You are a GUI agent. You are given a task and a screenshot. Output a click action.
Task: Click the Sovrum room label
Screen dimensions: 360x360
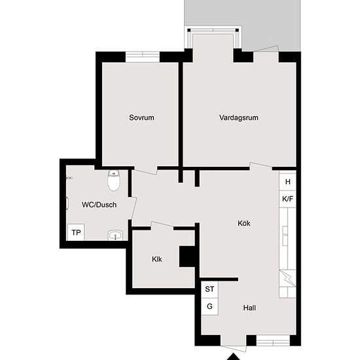click(141, 118)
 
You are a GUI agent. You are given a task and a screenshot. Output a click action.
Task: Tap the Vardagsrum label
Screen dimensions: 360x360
click(238, 118)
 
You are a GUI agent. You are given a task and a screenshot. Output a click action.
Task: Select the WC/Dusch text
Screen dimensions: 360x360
click(99, 204)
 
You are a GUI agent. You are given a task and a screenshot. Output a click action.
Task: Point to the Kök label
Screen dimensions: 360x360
click(243, 223)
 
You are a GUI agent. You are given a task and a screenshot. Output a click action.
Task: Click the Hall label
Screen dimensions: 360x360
click(249, 308)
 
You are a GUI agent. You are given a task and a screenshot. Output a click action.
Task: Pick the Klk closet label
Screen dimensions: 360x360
click(157, 259)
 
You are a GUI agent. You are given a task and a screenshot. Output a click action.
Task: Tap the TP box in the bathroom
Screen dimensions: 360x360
click(76, 232)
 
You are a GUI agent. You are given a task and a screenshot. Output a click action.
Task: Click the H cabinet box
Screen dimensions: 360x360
click(287, 181)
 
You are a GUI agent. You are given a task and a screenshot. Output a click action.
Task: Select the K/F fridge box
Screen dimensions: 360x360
click(287, 198)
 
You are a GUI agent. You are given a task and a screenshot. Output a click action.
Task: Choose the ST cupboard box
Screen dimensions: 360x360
click(210, 289)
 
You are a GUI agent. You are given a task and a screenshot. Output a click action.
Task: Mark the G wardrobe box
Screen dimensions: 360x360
click(210, 306)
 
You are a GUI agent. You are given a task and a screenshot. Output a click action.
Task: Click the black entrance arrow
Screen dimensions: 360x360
click(234, 356)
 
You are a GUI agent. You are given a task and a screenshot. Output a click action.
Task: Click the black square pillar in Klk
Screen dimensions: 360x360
click(188, 256)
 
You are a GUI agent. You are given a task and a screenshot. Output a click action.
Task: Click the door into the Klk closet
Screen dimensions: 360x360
click(162, 226)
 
